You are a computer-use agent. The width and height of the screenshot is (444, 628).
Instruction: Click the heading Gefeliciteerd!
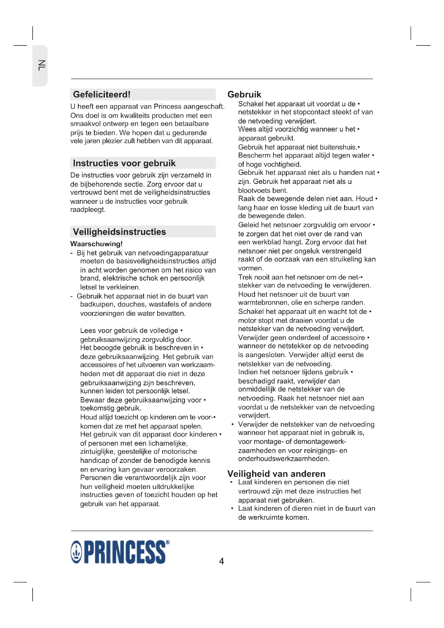point(102,94)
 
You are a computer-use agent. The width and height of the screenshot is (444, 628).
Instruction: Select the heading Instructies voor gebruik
point(124,163)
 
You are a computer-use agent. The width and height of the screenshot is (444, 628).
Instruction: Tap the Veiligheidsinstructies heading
point(119,232)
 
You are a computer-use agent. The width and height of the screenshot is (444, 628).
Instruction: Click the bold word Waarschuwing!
point(96,244)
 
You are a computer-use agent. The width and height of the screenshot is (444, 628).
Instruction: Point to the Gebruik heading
point(244,94)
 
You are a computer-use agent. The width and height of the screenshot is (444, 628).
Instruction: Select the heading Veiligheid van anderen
point(276,473)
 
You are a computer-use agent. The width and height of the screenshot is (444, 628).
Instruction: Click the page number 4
point(221,561)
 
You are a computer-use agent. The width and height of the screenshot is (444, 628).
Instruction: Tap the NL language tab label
point(41,66)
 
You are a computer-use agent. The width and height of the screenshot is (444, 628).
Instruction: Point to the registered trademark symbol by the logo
point(168,542)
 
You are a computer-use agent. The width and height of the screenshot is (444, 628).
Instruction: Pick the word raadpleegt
point(88,209)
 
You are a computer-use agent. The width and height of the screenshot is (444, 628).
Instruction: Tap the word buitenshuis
point(339,147)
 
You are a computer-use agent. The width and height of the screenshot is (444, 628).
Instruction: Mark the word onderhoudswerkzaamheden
point(284,458)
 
